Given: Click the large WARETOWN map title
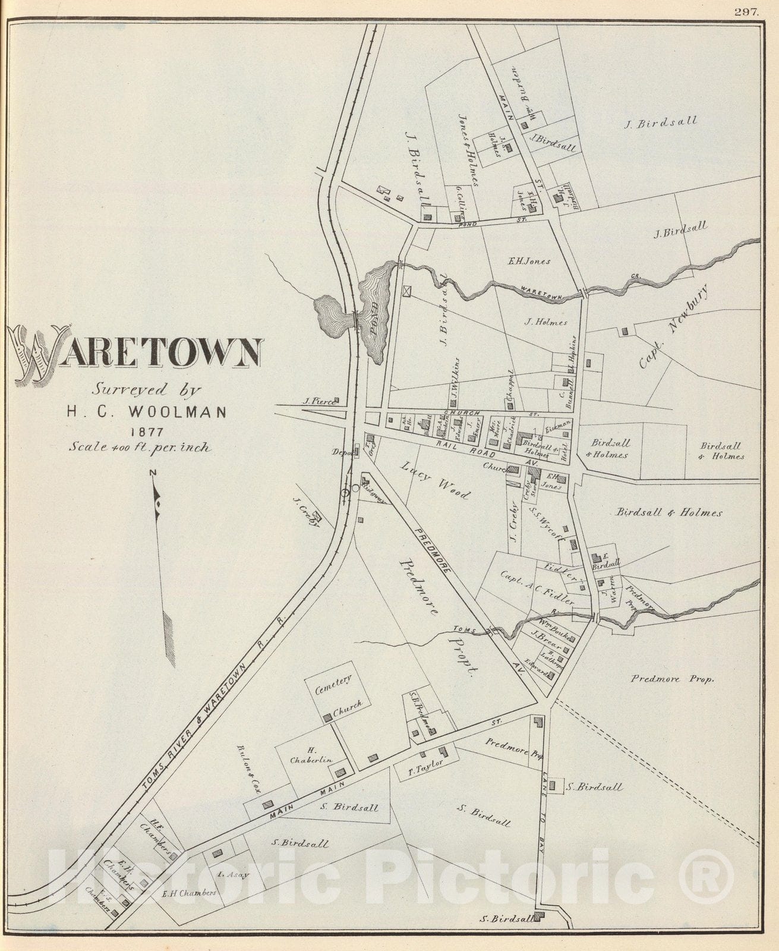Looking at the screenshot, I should pos(137,354).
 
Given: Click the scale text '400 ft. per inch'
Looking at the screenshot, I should pos(140,447).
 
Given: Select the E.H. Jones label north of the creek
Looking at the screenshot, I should pos(529,261).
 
